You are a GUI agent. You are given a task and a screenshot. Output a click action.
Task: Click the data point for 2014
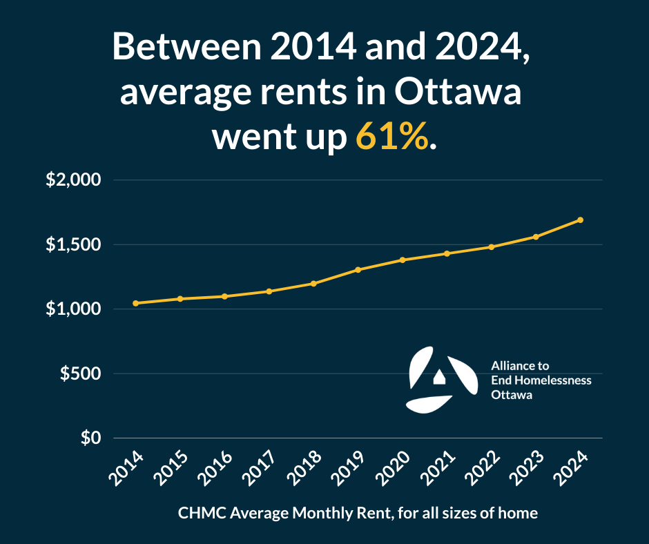pos(135,303)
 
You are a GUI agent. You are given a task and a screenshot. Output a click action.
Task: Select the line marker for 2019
pos(358,269)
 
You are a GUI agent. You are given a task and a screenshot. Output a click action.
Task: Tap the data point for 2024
pos(580,220)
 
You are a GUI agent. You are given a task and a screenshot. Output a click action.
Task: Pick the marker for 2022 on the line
pos(491,246)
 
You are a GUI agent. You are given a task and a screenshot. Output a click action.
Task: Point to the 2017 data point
pos(269,291)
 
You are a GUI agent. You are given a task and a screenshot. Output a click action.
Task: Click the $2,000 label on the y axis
pos(73,181)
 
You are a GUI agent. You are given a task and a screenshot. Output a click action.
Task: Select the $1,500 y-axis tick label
pos(73,245)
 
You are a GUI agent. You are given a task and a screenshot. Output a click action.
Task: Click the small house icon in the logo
pos(439,377)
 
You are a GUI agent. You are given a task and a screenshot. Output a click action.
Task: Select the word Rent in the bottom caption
pos(362,513)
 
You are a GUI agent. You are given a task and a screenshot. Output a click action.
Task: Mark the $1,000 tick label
pos(73,309)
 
